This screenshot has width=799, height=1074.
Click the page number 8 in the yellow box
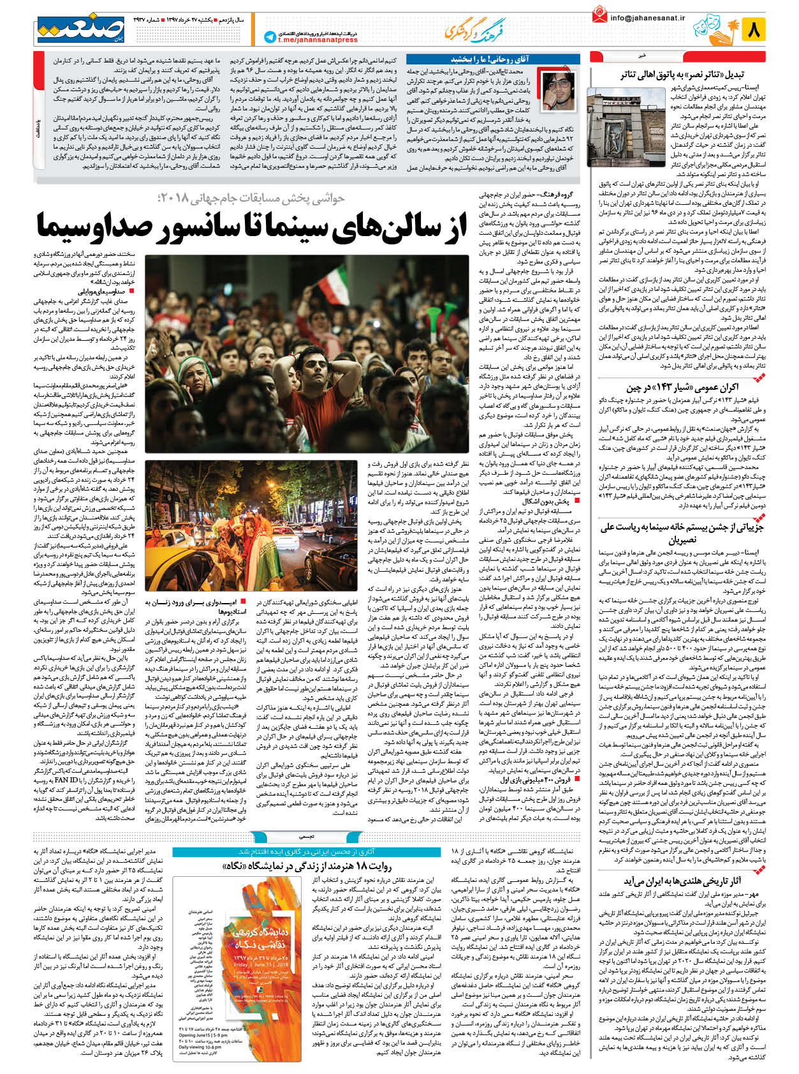tap(754, 29)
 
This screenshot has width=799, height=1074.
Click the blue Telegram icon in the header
tap(270, 38)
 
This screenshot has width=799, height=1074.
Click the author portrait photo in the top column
tap(557, 91)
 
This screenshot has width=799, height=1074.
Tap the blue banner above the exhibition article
tap(305, 851)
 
